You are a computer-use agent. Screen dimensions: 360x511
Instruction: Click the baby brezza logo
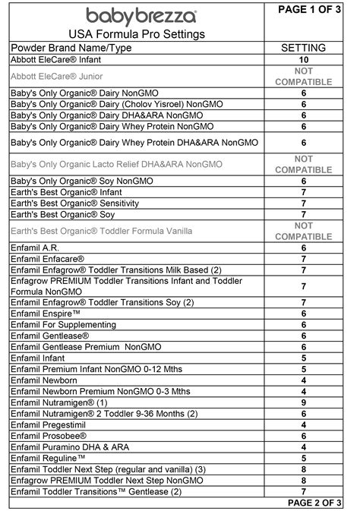[141, 15]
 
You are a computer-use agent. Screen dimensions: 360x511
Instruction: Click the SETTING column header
[304, 47]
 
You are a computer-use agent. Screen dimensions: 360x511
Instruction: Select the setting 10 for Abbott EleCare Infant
[304, 58]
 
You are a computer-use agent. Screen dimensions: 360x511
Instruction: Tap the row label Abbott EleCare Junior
[57, 76]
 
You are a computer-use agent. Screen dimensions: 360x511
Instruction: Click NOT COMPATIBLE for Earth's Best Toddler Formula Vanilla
[304, 230]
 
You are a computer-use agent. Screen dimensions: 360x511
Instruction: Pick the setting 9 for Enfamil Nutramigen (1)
[304, 402]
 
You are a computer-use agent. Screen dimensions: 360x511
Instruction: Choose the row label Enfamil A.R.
[36, 248]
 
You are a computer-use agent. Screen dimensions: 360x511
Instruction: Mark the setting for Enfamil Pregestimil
[304, 425]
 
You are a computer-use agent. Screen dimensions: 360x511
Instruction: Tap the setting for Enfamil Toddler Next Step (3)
[304, 470]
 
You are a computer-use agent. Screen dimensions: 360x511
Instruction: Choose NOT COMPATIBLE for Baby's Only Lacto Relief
[304, 164]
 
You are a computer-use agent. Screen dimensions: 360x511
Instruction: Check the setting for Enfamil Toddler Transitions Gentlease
[304, 492]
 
